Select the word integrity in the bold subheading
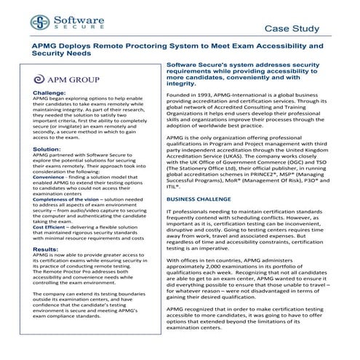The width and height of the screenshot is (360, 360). (181, 84)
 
